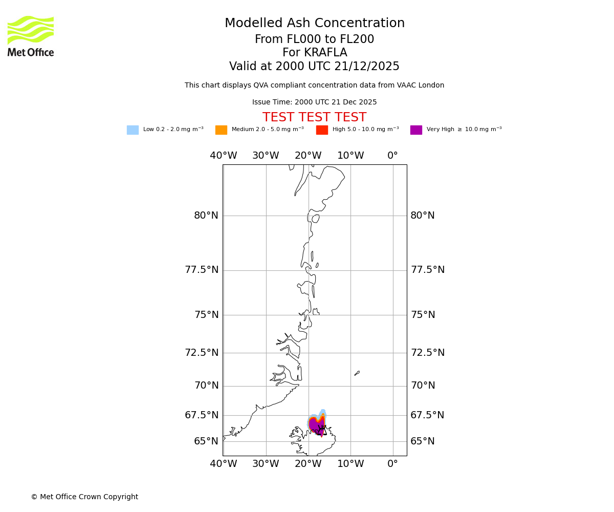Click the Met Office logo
tap(31, 36)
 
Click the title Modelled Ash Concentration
tap(315, 24)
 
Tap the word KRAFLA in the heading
tap(315, 53)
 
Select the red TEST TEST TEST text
tap(314, 118)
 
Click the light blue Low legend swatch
tap(133, 130)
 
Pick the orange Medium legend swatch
tap(221, 130)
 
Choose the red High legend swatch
tap(322, 130)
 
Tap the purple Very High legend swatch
tap(416, 130)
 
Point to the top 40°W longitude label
tap(224, 156)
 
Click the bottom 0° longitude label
tap(392, 464)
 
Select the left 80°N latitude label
tap(206, 216)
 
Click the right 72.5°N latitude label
tap(427, 353)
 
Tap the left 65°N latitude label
tap(206, 441)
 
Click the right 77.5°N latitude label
tap(427, 270)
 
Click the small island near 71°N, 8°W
tap(357, 373)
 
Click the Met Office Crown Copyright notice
tap(84, 497)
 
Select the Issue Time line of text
tap(314, 102)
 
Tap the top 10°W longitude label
tap(350, 156)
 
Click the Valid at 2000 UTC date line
tap(314, 67)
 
